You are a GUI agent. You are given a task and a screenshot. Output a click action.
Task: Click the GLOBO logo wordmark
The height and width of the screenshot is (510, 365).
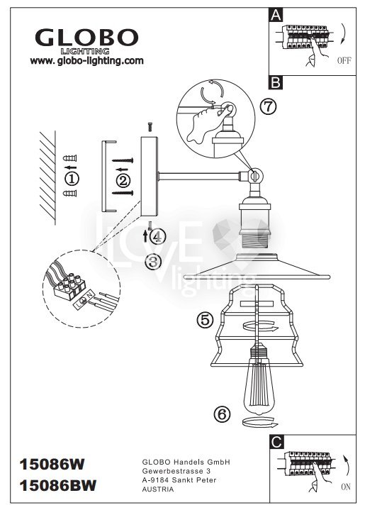[86, 37]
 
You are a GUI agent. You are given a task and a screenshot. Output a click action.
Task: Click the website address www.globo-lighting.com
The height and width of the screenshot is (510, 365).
[86, 60]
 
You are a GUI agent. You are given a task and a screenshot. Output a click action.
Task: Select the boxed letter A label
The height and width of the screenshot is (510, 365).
[276, 15]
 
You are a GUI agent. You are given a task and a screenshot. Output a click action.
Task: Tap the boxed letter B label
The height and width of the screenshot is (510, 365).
[276, 82]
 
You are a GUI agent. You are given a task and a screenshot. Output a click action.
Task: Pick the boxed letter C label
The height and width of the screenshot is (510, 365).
[276, 442]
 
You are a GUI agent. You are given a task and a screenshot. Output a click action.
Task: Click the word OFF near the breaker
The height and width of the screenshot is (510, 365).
[344, 60]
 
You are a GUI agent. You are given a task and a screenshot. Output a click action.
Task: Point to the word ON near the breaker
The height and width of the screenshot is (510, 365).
[346, 487]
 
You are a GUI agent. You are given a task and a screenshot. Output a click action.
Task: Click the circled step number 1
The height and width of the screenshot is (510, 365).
[72, 179]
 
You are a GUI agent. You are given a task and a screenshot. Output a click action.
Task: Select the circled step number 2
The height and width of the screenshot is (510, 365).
[123, 180]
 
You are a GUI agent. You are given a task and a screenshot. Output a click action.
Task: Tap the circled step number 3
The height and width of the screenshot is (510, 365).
[153, 262]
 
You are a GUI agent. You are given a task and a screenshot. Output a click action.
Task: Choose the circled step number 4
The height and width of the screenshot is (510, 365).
[157, 237]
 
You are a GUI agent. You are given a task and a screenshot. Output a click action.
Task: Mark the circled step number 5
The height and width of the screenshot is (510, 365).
[206, 320]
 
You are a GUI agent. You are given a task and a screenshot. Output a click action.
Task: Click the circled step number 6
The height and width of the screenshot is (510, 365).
[223, 414]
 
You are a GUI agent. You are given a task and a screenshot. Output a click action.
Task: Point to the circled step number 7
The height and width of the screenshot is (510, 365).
[268, 106]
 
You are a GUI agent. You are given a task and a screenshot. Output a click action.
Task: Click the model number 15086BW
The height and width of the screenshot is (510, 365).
[58, 486]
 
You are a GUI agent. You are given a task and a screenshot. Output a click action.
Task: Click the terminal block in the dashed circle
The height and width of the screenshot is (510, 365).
[69, 287]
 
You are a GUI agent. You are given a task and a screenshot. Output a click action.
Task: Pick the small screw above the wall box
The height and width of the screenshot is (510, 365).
[150, 127]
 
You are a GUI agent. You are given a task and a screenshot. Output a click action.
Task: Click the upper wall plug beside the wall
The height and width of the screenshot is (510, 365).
[70, 158]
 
